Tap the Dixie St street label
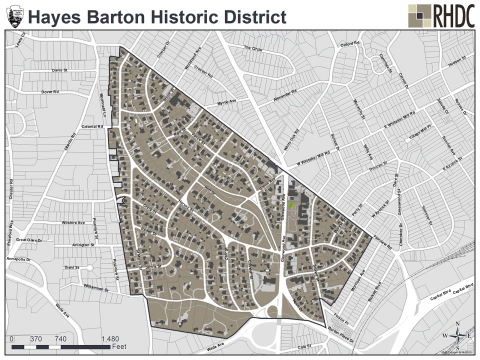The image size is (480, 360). (x=58, y=71)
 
